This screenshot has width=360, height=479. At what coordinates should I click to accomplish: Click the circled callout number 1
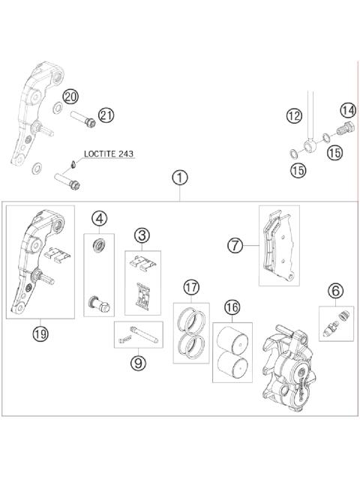[x=178, y=178]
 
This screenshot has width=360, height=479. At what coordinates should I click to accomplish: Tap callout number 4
[x=99, y=220]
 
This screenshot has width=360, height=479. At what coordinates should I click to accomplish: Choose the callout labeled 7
[x=235, y=245]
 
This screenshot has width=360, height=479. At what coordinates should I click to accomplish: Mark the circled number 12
[x=292, y=115]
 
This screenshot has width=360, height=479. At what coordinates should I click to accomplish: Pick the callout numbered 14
[x=347, y=110]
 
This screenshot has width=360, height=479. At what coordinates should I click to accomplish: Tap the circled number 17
[x=191, y=286]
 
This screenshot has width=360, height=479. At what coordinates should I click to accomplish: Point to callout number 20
[x=70, y=97]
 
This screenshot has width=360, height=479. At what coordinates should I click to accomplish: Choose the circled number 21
[x=106, y=115]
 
